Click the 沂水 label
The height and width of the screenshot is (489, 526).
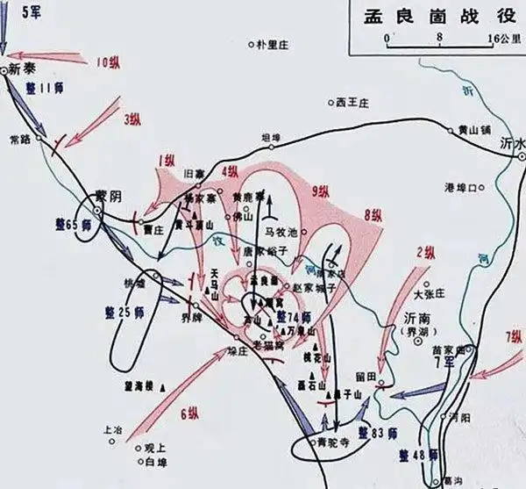tap(511, 143)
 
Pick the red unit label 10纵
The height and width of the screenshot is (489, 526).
tap(109, 62)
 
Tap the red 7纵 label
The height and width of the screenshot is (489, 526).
tap(514, 337)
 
